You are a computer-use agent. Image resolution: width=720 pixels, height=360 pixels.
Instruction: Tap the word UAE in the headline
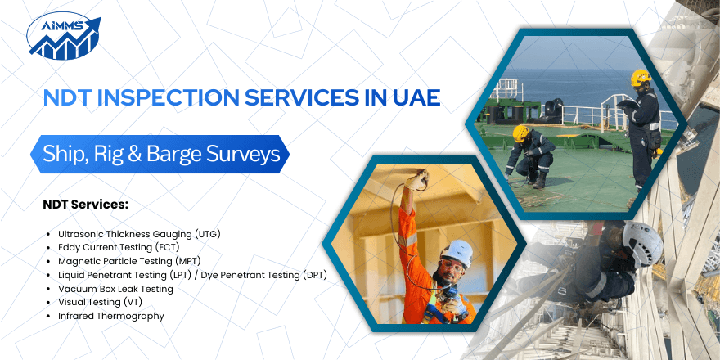tap(414, 97)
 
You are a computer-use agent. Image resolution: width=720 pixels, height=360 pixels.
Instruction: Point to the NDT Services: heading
tap(86, 204)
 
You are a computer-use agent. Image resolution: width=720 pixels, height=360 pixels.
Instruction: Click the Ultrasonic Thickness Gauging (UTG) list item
tap(139, 233)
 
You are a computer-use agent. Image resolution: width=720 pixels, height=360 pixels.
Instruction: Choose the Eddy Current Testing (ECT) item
tap(119, 247)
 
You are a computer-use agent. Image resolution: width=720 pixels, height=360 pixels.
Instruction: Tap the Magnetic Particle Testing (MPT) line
tap(128, 261)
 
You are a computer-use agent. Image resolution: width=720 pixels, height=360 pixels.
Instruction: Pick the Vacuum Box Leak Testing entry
tap(115, 288)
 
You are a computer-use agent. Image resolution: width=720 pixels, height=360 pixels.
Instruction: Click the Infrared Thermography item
tap(111, 316)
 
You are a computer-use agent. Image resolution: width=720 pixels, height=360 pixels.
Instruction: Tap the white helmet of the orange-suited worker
tap(457, 251)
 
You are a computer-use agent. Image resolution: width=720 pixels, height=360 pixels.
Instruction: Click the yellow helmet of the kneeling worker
tap(520, 133)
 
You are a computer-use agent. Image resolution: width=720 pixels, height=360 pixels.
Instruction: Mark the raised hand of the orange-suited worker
tap(420, 178)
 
